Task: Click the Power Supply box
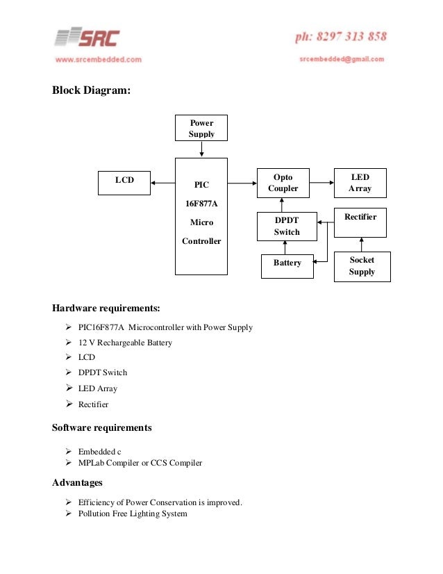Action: coord(201,128)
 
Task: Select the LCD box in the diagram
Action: coord(124,182)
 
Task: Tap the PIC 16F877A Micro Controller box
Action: coord(201,215)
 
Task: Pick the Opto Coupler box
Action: coord(283,183)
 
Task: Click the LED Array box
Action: coord(360,183)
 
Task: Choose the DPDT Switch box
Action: coord(287,227)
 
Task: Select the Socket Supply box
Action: coord(362,266)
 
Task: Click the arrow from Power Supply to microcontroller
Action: coord(201,149)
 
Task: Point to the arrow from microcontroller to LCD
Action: coord(162,183)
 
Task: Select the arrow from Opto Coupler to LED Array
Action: coord(322,183)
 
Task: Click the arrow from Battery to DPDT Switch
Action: coord(285,248)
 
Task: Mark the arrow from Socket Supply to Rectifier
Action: coord(361,244)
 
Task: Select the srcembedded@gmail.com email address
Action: coord(342,60)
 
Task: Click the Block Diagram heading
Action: coord(91,90)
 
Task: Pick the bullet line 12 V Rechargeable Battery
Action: coord(125,343)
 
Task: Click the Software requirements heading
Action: coord(101,427)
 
